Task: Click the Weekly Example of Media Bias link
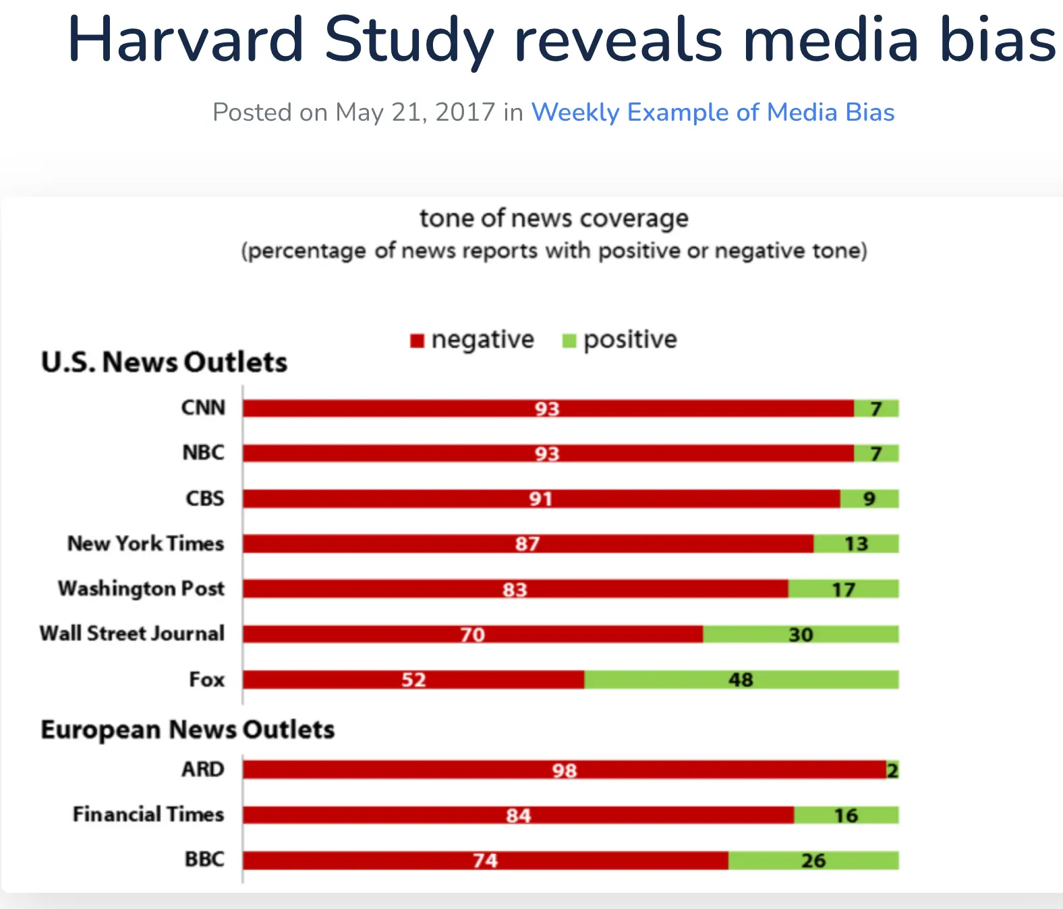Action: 712,113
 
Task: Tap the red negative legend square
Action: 417,341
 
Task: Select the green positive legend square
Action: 569,341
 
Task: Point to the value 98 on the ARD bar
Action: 565,770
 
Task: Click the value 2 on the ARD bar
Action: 892,770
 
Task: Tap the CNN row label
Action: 203,408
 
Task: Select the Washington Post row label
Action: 141,589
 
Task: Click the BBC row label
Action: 204,860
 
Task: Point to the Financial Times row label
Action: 148,815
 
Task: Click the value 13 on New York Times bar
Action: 856,544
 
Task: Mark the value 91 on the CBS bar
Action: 540,499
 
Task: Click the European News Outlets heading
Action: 188,730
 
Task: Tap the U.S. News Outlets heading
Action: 164,362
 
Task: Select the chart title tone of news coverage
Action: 554,218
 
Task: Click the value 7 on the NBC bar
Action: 875,454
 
